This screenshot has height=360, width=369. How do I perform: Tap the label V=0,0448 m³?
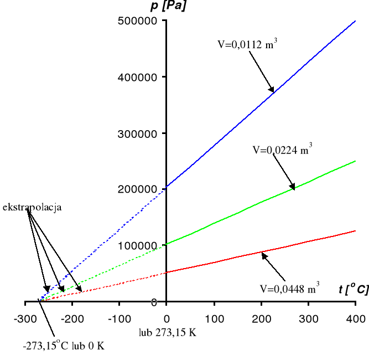tap(289, 288)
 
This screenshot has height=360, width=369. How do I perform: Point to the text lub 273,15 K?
tap(168, 333)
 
